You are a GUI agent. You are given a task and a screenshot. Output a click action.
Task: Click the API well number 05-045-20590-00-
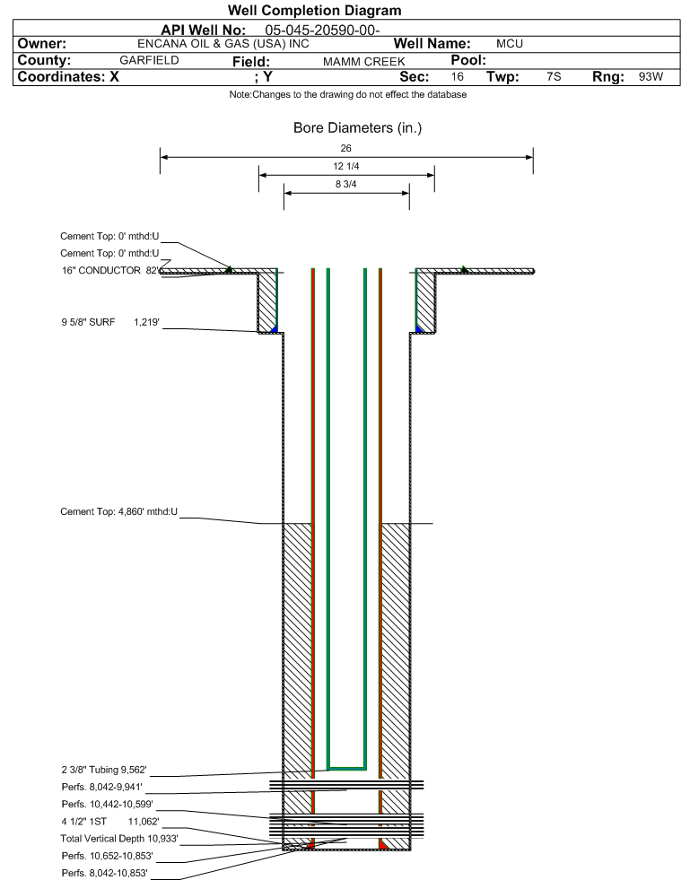[x=322, y=30]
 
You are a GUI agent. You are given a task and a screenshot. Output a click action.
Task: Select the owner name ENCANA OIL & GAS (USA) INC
[x=223, y=44]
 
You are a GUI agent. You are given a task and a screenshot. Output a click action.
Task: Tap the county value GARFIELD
[x=149, y=60]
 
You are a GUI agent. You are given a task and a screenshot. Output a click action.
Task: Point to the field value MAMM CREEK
[x=363, y=62]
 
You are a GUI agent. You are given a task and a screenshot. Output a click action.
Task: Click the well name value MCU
[x=510, y=44]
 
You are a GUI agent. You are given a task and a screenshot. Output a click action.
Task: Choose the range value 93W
[x=650, y=76]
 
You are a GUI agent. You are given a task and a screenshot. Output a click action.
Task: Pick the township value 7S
[x=554, y=76]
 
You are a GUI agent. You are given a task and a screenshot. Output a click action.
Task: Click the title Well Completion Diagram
[x=314, y=10]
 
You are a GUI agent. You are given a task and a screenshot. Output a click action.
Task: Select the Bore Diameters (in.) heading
[x=358, y=128]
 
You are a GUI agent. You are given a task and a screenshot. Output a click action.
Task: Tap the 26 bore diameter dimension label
[x=345, y=148]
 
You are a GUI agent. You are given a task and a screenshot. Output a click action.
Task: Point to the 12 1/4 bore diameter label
[x=345, y=166]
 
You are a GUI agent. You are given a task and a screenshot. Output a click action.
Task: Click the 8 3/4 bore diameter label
[x=345, y=184]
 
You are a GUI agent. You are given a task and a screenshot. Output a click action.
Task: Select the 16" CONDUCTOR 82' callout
[x=110, y=271]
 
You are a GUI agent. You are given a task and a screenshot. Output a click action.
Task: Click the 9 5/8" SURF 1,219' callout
[x=110, y=322]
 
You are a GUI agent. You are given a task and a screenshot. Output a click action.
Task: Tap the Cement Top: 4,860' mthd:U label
[x=119, y=512]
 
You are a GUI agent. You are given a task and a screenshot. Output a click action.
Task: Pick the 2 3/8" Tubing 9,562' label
[x=104, y=770]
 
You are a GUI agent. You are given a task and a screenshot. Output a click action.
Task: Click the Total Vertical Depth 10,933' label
[x=119, y=839]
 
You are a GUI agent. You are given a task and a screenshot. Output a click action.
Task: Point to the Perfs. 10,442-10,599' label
[x=108, y=805]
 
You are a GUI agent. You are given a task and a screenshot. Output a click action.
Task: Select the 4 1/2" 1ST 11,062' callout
[x=110, y=822]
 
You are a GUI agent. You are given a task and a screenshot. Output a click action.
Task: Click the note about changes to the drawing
[x=348, y=94]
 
